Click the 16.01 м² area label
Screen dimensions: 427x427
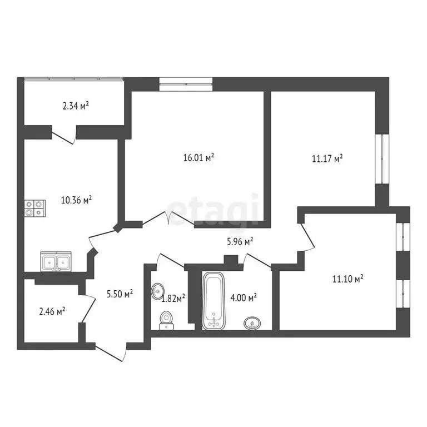(198, 158)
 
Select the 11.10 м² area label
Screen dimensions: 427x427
(347, 279)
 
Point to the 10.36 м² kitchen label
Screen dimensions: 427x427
(76, 200)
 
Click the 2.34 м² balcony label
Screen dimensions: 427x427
(76, 104)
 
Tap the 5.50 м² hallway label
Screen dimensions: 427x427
(120, 293)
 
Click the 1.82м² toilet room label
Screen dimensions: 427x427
(173, 298)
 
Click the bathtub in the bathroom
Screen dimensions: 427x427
(213, 301)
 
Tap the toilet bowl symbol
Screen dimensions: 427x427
(166, 319)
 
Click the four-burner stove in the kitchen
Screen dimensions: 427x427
(33, 207)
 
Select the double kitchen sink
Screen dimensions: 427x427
(56, 261)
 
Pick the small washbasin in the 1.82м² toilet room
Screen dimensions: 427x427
(158, 290)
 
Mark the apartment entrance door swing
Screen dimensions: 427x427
(111, 350)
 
